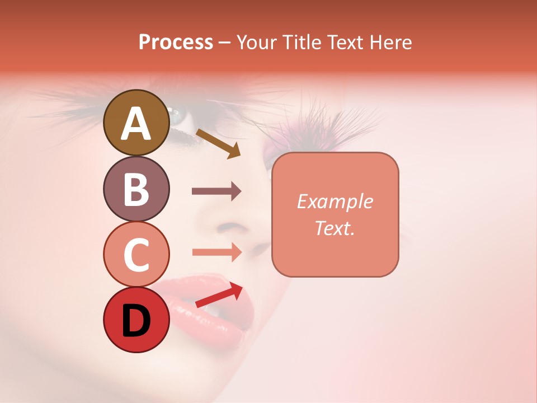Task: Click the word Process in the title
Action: coord(176,43)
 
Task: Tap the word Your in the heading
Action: coord(257,43)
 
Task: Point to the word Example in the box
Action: coord(335,201)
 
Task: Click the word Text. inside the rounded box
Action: coord(335,228)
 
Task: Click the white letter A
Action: coord(136,124)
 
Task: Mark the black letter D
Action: coord(136,321)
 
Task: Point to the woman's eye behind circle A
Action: coord(178,116)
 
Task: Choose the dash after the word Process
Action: coord(225,43)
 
